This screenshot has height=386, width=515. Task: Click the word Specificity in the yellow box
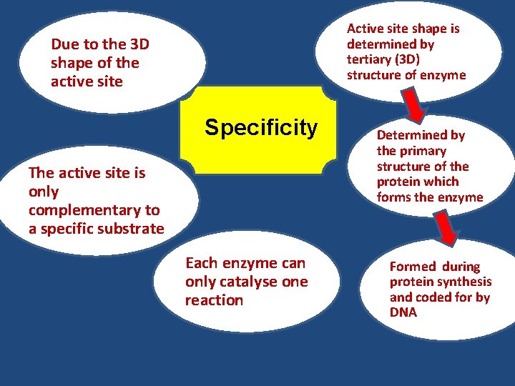pos(260,128)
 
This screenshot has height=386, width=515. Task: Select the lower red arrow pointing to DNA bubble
pos(448,228)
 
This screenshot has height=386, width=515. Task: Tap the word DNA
pos(403,312)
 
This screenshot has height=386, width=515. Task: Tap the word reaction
pos(214,300)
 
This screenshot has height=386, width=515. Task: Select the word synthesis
pos(463,282)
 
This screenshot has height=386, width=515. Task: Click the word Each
pos(200,263)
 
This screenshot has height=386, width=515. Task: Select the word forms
pos(394,197)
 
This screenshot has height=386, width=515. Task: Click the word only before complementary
pos(44,192)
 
